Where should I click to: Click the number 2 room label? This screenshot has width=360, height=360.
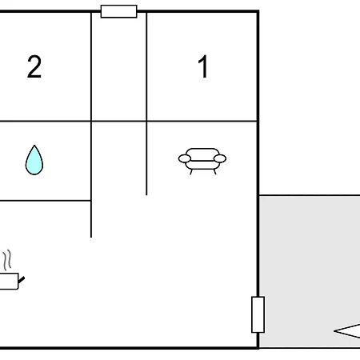[34, 66]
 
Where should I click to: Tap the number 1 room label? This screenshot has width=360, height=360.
[203, 66]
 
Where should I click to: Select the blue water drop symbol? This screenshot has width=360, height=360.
[34, 160]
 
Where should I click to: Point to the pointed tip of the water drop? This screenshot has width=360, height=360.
[34, 146]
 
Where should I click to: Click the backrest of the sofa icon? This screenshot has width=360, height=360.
[202, 153]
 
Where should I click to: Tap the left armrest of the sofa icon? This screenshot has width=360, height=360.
[185, 158]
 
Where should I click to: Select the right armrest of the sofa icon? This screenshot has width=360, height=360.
[220, 158]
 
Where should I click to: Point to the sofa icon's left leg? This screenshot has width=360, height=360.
[191, 172]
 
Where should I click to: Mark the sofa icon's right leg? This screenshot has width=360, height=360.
[214, 172]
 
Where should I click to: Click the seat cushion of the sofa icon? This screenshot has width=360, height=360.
[202, 165]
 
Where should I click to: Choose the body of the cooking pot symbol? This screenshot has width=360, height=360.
[9, 281]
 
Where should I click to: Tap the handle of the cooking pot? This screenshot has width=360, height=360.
[22, 280]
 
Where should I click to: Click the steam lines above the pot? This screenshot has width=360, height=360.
[7, 260]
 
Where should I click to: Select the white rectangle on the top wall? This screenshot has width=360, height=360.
[119, 11]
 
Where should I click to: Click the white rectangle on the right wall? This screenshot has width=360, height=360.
[258, 314]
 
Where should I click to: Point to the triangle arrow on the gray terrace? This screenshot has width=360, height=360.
[347, 331]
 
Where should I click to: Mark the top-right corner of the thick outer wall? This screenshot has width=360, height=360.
[258, 11]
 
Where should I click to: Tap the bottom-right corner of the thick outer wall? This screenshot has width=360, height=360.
[258, 348]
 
